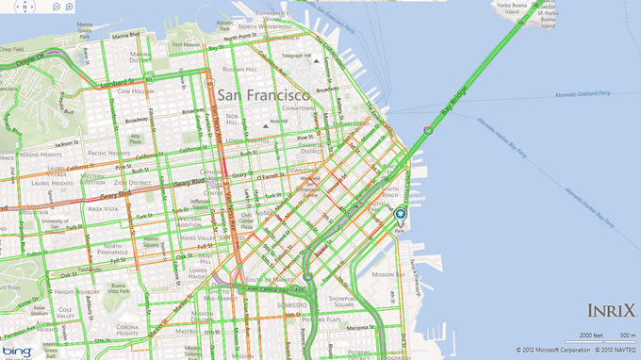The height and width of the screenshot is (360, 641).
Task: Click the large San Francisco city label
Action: [264, 96]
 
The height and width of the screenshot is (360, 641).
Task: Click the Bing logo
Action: [19, 351]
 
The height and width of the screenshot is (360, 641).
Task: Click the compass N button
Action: [25, 6]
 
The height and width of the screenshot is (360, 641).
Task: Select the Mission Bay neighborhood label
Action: [388, 274]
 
